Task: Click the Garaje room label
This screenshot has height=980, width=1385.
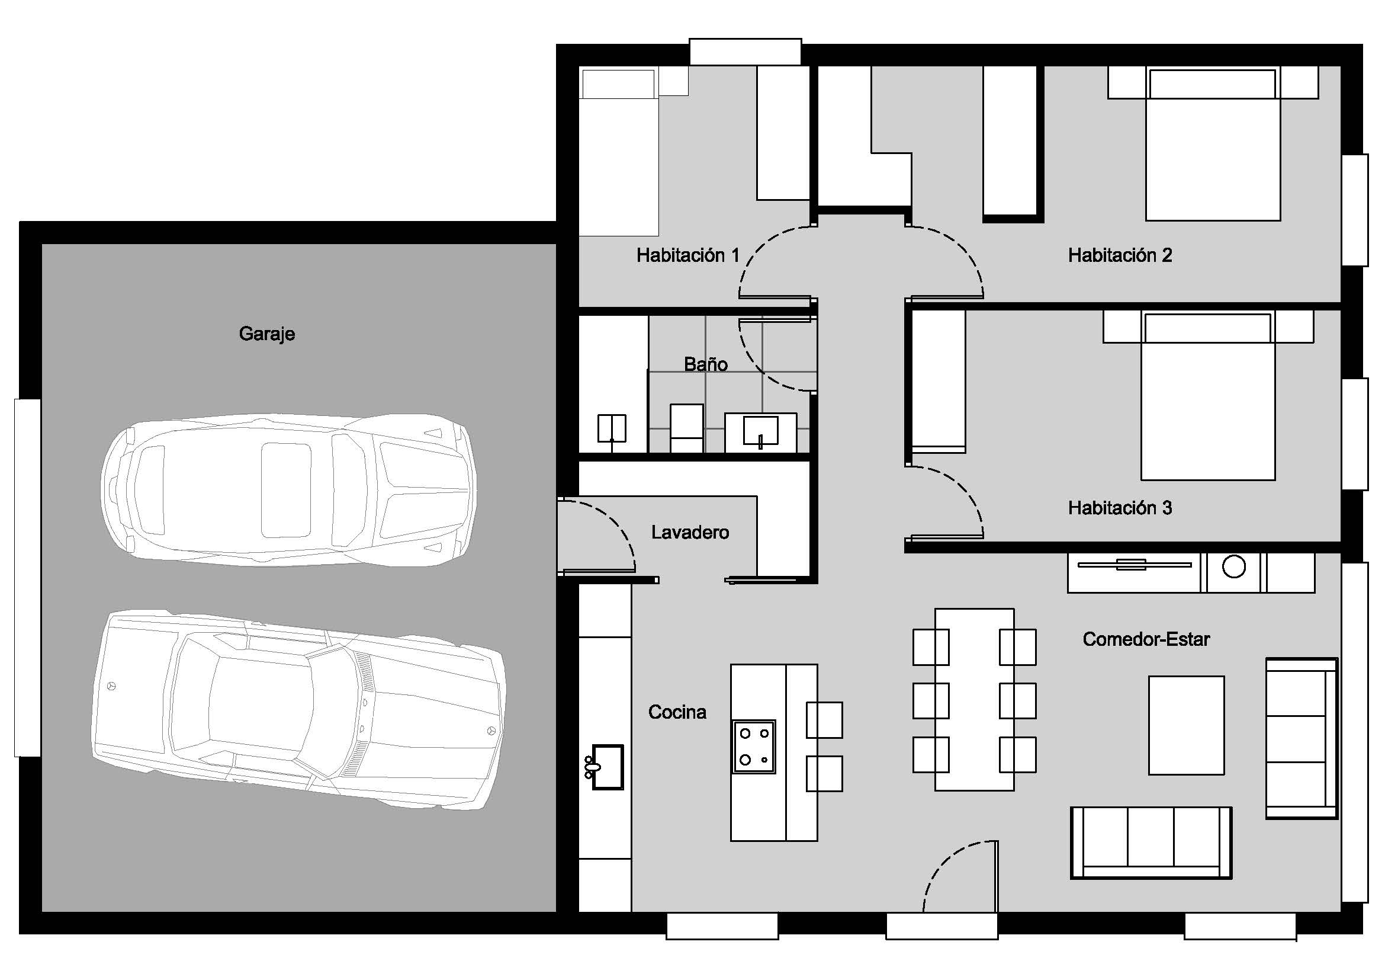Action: [266, 334]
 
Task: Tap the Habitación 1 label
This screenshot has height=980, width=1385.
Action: [687, 255]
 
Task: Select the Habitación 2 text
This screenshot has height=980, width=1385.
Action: [1120, 255]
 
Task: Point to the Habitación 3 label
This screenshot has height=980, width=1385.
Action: [1120, 508]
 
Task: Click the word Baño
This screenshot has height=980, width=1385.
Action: [706, 364]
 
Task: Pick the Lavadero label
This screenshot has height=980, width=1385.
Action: [690, 532]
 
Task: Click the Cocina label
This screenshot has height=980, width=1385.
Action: [677, 712]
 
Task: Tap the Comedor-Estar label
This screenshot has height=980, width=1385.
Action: [1146, 639]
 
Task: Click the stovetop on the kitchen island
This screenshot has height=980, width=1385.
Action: [754, 747]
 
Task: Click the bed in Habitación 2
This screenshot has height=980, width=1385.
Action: [1213, 145]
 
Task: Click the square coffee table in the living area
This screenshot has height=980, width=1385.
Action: [1187, 725]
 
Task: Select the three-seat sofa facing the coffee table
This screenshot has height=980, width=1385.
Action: [1151, 843]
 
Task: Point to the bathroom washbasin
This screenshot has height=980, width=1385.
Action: [761, 432]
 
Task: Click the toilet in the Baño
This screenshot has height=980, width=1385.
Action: [686, 428]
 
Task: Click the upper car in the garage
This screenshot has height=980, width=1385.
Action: [288, 490]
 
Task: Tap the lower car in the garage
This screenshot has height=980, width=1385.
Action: [298, 710]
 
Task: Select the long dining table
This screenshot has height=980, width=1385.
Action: [974, 700]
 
